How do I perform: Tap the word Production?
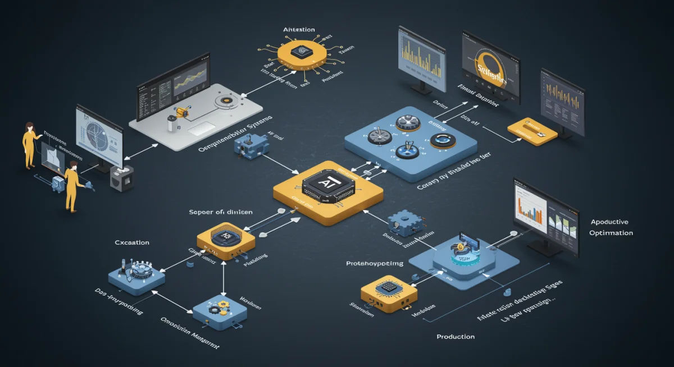click(x=456, y=337)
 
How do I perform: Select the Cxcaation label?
click(x=132, y=242)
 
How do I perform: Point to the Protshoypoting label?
click(x=375, y=263)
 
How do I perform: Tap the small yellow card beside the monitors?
click(x=531, y=130)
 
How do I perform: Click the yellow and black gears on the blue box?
click(x=218, y=308)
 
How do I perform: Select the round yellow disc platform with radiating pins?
click(x=302, y=54)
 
